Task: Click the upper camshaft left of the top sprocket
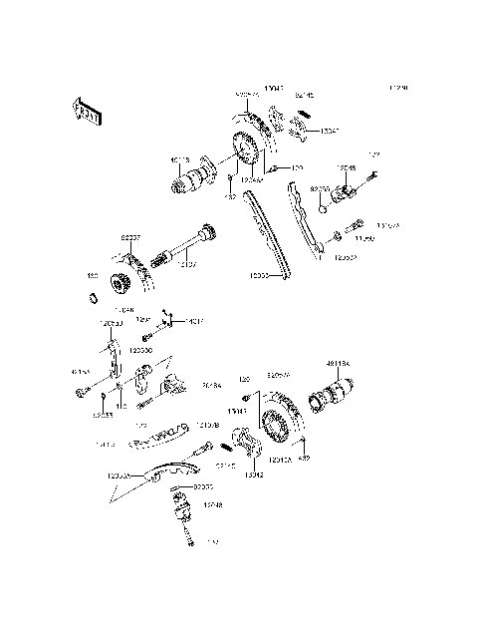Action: coord(192,178)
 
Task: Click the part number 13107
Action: coord(190,265)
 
